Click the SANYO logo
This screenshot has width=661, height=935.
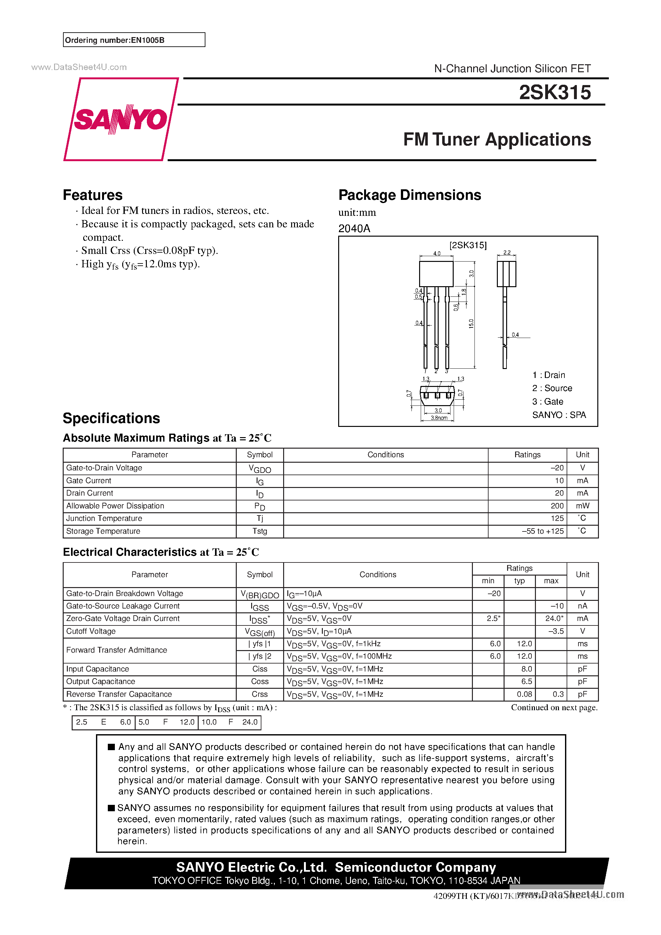121,119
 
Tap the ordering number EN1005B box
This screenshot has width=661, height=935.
134,40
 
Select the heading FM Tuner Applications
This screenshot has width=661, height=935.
497,140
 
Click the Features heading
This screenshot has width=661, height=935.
92,195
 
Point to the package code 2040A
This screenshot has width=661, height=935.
354,228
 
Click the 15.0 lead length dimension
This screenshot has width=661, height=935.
471,324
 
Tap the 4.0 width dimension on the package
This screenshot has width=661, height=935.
436,253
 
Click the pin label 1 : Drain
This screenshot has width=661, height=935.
548,375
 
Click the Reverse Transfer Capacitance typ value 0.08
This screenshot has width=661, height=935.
524,694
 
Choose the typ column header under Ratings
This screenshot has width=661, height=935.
519,581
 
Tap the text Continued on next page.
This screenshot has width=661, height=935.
554,707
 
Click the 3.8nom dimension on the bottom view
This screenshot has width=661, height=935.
439,418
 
